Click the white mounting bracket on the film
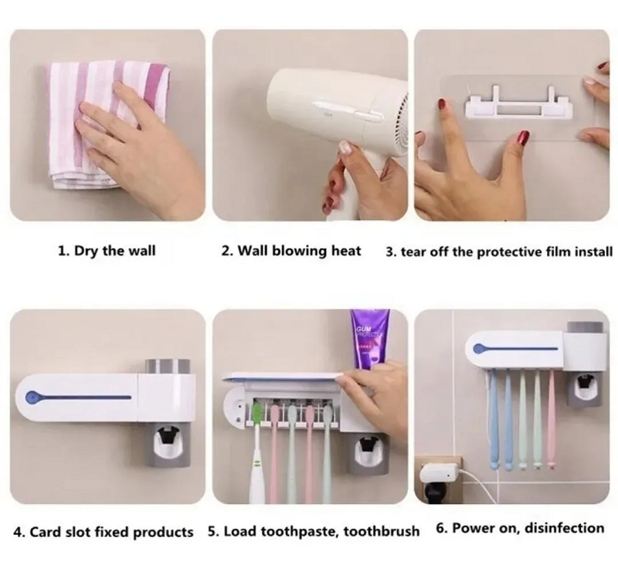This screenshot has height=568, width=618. (518, 103)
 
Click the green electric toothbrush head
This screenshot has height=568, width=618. (257, 413)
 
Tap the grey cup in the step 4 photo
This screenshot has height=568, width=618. (167, 367)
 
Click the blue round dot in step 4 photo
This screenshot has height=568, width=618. (32, 397)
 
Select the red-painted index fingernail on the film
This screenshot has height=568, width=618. (441, 105)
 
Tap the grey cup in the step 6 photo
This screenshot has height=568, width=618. (585, 326)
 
